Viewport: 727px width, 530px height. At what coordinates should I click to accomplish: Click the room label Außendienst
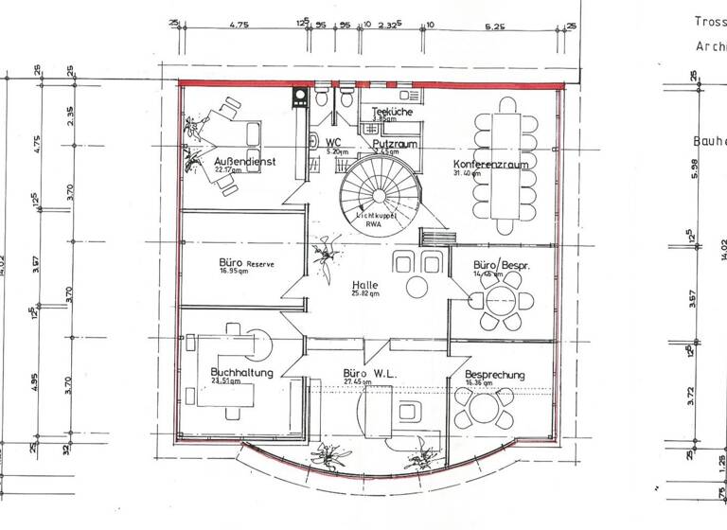244,162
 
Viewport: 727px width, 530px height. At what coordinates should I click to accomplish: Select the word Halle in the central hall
365,285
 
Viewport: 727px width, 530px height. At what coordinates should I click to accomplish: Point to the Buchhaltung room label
241,372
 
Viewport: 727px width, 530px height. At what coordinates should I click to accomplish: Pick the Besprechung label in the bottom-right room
494,375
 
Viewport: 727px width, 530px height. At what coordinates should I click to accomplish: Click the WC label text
333,142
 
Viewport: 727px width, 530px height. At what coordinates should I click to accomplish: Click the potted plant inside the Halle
325,256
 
